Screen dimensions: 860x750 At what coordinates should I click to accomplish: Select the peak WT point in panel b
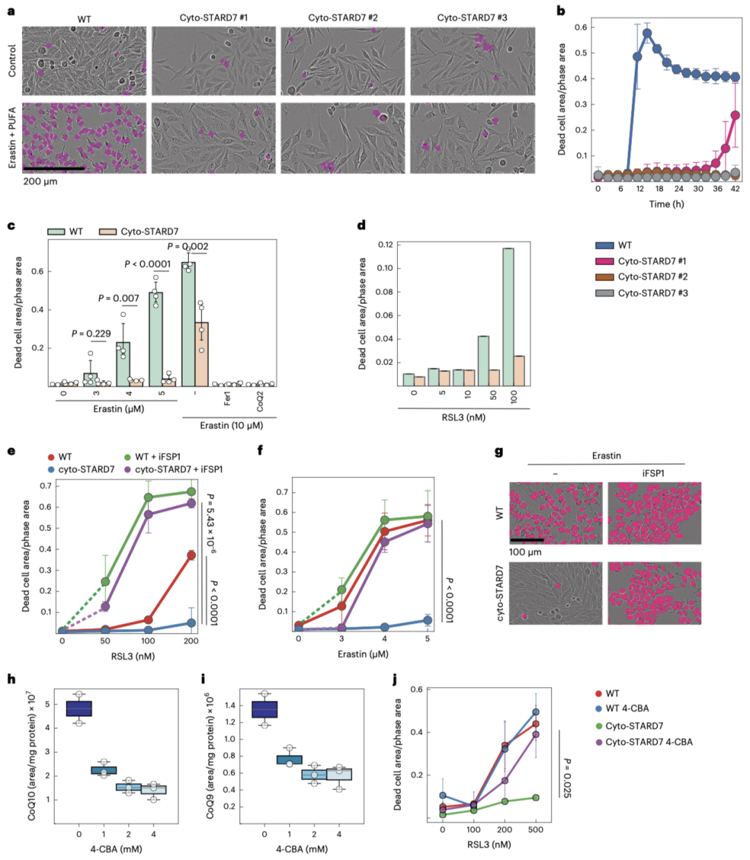pyautogui.click(x=647, y=33)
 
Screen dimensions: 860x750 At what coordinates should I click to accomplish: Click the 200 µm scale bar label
pyautogui.click(x=40, y=181)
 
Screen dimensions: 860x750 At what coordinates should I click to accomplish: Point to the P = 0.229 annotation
pyautogui.click(x=91, y=333)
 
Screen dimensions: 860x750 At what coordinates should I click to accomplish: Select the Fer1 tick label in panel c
pyautogui.click(x=227, y=398)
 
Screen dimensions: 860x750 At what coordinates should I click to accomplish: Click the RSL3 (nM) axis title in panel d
pyautogui.click(x=464, y=417)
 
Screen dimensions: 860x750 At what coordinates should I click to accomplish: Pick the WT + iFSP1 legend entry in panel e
pyautogui.click(x=158, y=457)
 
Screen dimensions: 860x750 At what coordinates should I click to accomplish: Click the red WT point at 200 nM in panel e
pyautogui.click(x=191, y=555)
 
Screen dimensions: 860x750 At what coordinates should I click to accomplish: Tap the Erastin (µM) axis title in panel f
pyautogui.click(x=362, y=654)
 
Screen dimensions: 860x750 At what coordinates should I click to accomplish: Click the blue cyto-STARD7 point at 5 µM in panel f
pyautogui.click(x=428, y=621)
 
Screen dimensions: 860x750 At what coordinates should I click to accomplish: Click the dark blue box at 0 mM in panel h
pyautogui.click(x=79, y=708)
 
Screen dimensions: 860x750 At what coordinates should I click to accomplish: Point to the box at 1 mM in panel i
pyautogui.click(x=289, y=759)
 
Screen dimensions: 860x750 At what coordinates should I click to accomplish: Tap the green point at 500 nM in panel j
pyautogui.click(x=535, y=798)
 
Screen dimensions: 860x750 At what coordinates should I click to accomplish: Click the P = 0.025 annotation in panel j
pyautogui.click(x=567, y=778)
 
